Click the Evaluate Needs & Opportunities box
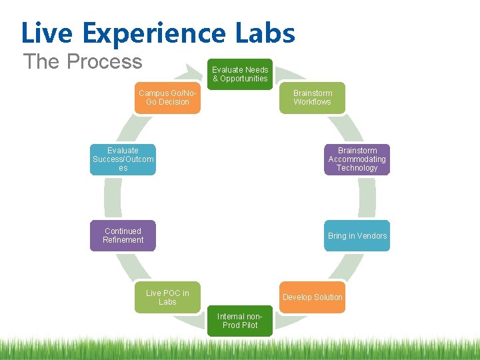[240, 74]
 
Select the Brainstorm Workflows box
[313, 97]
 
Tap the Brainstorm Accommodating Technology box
[357, 159]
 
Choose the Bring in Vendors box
[357, 236]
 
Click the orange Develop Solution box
[313, 297]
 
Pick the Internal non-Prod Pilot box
[240, 321]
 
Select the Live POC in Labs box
[167, 297]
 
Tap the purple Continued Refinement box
[123, 236]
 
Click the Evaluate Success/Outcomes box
[123, 159]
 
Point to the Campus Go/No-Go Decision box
[167, 97]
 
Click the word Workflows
[313, 102]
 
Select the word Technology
[357, 168]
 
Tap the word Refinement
[123, 240]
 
